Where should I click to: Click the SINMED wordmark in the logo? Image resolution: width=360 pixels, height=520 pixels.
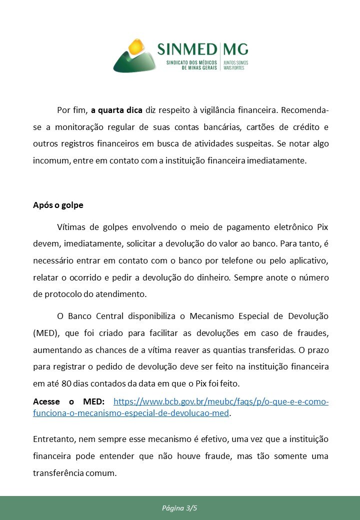tap(187, 49)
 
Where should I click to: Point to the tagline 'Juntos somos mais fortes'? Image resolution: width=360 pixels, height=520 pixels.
tap(235, 65)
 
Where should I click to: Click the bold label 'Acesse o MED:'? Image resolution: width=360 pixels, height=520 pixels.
tap(69, 401)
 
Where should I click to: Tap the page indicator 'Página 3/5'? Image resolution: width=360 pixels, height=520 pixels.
tap(179, 508)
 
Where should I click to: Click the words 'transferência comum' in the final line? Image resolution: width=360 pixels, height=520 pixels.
tap(74, 472)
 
